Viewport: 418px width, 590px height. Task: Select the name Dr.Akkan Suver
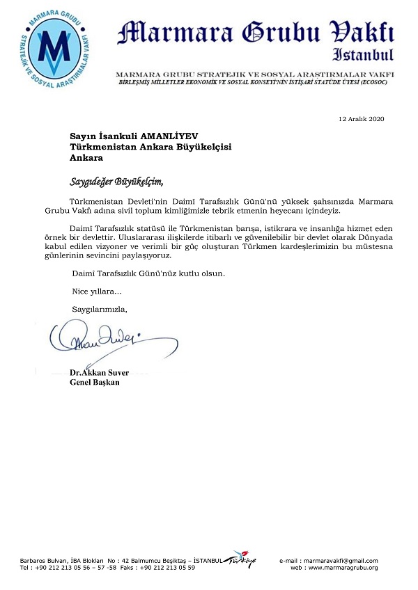[x=100, y=373]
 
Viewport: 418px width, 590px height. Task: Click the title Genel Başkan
[x=95, y=383]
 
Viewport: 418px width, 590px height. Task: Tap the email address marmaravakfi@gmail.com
[x=341, y=561]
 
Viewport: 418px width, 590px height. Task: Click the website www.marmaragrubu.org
[x=342, y=568]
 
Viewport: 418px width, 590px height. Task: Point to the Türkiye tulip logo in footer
[x=240, y=561]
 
